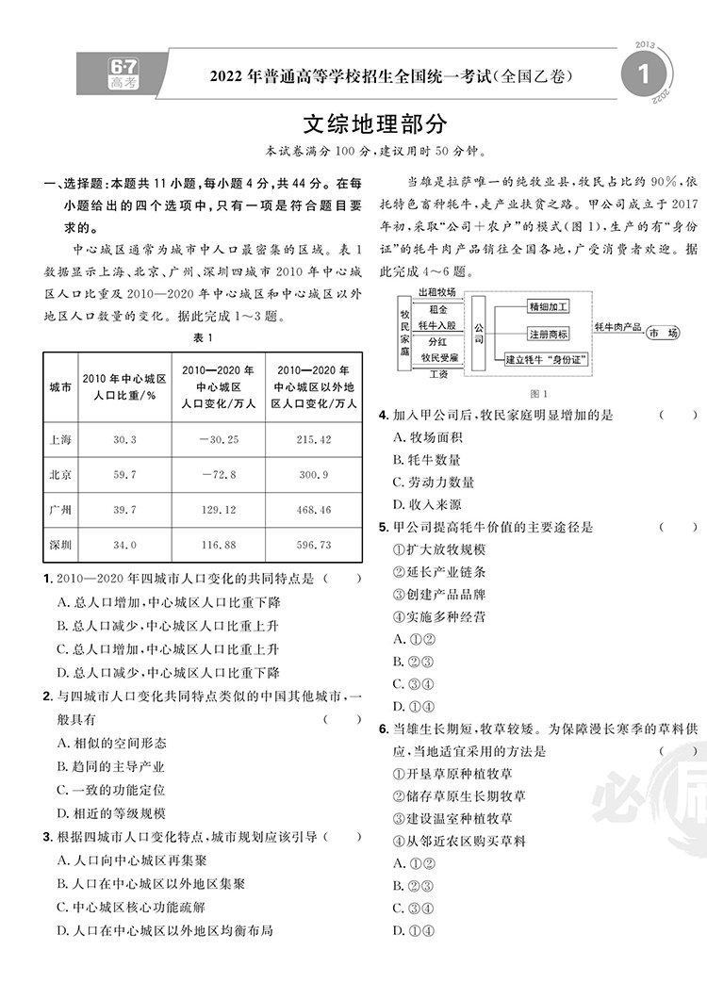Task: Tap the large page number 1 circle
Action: tap(644, 74)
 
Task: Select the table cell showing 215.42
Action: tap(313, 440)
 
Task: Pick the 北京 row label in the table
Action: tap(60, 474)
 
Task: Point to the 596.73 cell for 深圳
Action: tap(313, 545)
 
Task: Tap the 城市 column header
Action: tap(60, 387)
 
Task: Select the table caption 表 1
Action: tap(204, 338)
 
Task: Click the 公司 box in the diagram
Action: tap(479, 333)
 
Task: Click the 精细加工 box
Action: tap(548, 306)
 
